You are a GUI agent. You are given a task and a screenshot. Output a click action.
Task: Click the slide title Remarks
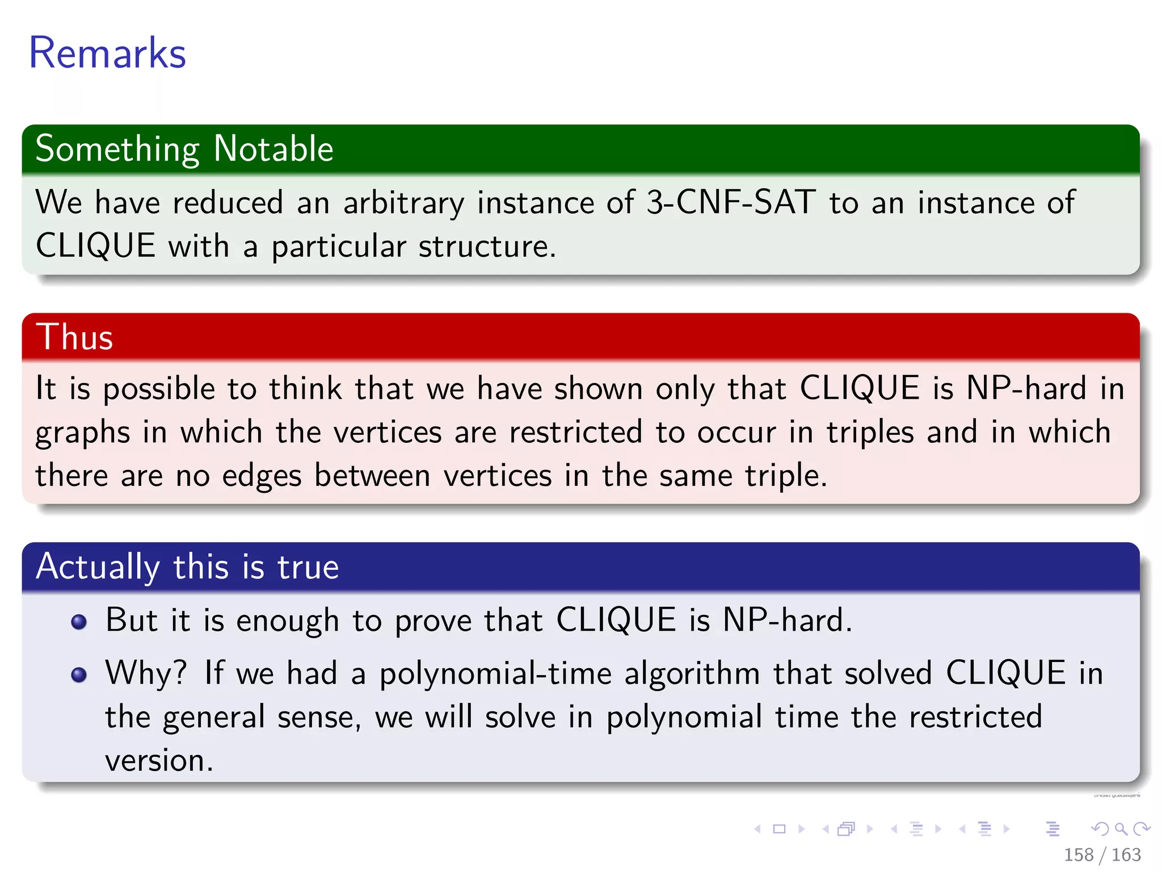coord(107,53)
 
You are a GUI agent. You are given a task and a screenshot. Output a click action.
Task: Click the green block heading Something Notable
coord(184,149)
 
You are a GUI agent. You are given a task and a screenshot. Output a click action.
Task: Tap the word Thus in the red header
coord(74,337)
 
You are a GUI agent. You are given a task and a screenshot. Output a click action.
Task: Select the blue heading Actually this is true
coord(187,567)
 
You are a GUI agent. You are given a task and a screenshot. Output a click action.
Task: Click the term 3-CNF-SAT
coord(731,202)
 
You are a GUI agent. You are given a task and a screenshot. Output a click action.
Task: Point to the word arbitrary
coord(403,203)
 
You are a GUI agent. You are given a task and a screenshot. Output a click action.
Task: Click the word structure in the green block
coord(487,246)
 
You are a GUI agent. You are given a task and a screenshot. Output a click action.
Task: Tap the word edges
coord(262,476)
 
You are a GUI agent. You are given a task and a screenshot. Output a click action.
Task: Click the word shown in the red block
coord(598,389)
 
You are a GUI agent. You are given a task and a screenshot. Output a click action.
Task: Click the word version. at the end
coord(159,761)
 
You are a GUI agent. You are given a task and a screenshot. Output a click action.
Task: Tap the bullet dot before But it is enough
coord(79,622)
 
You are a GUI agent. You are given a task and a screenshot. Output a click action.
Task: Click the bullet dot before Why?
coord(79,674)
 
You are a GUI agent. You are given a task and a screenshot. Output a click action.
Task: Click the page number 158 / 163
coord(1102,854)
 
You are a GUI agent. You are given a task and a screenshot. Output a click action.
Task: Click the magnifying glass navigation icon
coord(1121,829)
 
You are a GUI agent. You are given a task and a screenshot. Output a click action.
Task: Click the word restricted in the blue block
coord(975,717)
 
